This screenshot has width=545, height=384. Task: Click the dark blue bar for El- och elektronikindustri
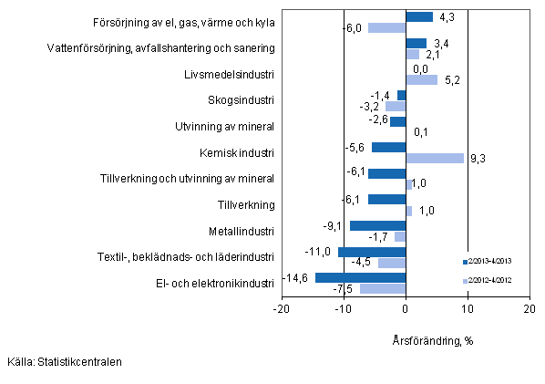(x=360, y=278)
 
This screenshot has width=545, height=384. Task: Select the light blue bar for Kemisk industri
(x=435, y=158)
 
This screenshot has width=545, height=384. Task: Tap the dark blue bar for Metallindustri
(x=377, y=225)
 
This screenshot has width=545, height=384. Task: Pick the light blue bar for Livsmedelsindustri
(x=421, y=79)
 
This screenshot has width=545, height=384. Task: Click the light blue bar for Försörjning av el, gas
(x=386, y=27)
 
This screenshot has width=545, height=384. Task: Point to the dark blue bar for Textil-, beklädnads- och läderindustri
(x=371, y=252)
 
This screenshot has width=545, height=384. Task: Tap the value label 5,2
(x=450, y=80)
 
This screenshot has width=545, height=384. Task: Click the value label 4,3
(x=447, y=16)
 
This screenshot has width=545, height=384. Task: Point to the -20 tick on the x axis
(x=282, y=309)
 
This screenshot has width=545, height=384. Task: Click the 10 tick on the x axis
(x=467, y=309)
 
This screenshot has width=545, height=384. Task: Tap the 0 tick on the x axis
(x=406, y=309)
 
